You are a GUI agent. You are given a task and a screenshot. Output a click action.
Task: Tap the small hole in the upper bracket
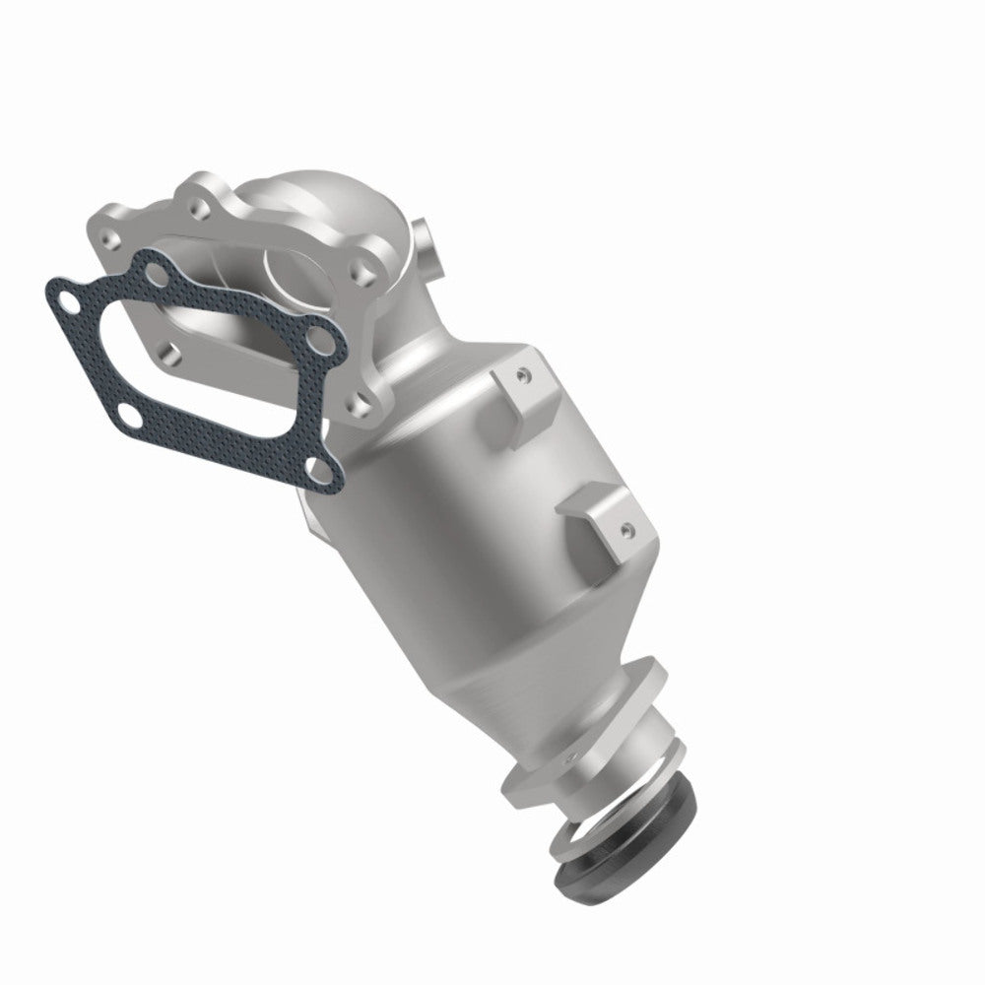(x=523, y=375)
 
